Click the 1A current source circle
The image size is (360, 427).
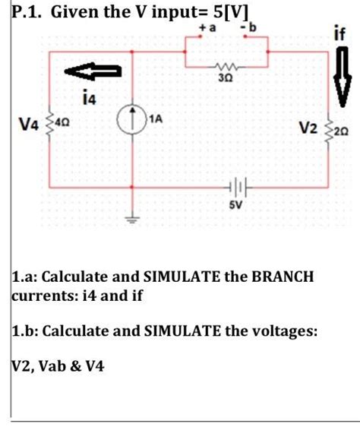pos(134,120)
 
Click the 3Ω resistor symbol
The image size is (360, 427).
pos(227,66)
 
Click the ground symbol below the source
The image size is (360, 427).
pos(134,220)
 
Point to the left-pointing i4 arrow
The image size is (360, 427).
pos(92,72)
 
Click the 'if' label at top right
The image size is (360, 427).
pos(339,34)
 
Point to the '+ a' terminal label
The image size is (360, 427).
pos(207,28)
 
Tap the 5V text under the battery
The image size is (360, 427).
pos(228,204)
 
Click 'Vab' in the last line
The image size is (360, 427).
pos(57,365)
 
